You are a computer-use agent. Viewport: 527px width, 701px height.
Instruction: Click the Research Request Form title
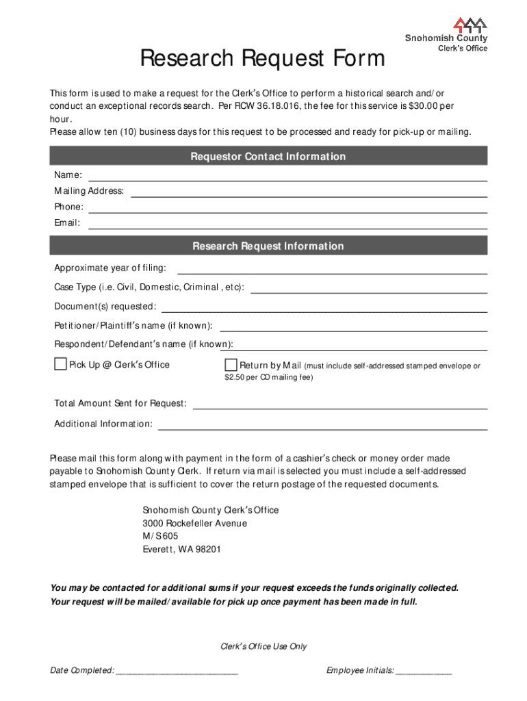(x=263, y=60)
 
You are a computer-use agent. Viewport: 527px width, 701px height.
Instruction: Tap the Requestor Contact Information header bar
(x=268, y=157)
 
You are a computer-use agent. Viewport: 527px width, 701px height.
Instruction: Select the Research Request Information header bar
(x=268, y=246)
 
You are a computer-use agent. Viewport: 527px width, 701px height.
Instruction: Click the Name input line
(x=287, y=177)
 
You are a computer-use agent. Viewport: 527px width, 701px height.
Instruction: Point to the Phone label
(x=68, y=207)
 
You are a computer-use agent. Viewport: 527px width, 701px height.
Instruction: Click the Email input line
(x=287, y=224)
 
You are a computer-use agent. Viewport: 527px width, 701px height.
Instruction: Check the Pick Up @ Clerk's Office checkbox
(x=60, y=364)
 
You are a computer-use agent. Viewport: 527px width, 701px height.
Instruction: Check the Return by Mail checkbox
(x=231, y=364)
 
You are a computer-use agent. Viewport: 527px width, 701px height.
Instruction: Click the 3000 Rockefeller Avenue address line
(x=194, y=523)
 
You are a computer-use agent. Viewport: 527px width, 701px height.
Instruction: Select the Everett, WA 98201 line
(x=181, y=549)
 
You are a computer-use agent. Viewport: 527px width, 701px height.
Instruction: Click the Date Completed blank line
(x=177, y=672)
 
